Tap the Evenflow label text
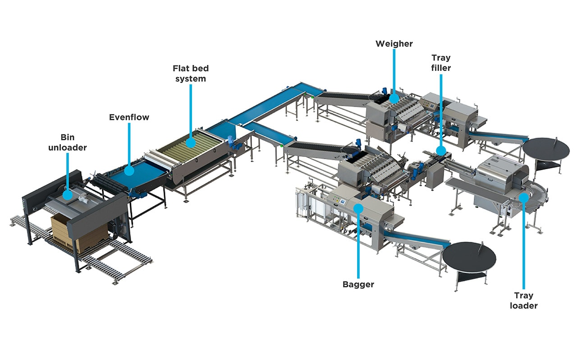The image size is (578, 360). point(129,117)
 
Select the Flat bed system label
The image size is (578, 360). point(191,74)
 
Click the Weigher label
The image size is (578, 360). point(394,44)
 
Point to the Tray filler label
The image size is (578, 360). point(441,63)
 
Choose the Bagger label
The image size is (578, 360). point(358,285)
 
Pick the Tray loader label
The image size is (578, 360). point(524,300)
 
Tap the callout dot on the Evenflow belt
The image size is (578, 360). point(129,171)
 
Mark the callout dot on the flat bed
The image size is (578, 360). point(191,143)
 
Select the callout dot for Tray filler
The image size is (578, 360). point(441,151)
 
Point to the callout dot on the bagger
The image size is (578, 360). point(358,208)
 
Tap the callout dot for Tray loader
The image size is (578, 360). point(523,197)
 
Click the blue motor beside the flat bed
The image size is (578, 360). point(233,143)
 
